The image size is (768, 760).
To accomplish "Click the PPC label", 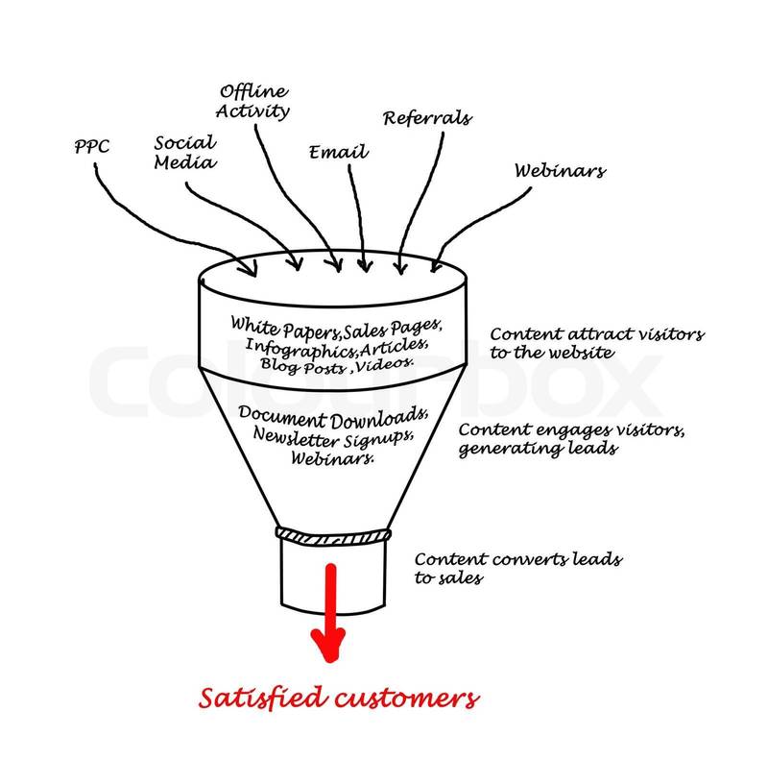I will pos(93,150).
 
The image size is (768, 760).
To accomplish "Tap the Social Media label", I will pos(185,150).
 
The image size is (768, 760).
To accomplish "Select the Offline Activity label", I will pos(254,100).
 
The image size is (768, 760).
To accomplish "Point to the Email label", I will pos(338,152).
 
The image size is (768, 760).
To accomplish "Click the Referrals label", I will pos(427,118).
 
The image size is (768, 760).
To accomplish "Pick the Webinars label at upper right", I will pos(560,171).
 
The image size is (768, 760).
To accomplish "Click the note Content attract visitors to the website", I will pos(596,344).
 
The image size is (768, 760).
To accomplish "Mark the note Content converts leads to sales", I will pos(517,567).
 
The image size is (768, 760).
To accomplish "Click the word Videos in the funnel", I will pos(388,364).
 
